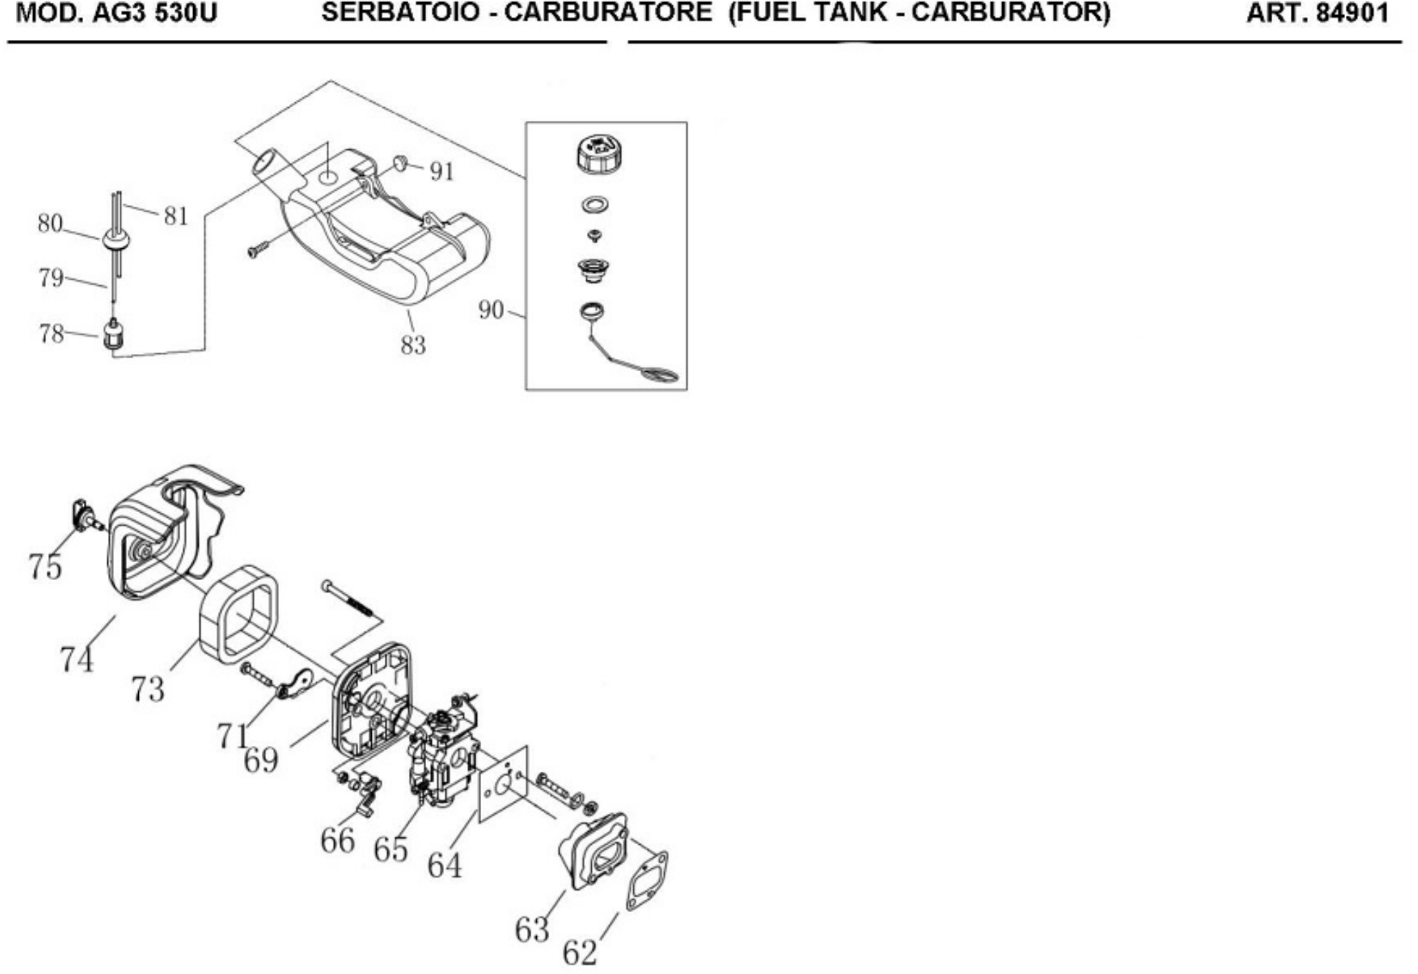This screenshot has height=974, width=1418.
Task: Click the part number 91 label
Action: coord(442,171)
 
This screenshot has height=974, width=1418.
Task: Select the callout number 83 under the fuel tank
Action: coord(413,344)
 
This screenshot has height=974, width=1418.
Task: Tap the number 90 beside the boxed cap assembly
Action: coord(491,310)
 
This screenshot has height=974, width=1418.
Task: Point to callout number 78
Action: coord(51,333)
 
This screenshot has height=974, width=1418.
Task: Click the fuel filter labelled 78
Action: coord(111,334)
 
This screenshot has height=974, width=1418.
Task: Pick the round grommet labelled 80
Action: coord(115,240)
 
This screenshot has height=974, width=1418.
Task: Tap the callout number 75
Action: coord(45,566)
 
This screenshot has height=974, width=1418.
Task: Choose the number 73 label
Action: coord(147,689)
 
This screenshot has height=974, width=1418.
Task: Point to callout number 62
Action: coord(579,953)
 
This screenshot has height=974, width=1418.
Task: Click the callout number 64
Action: coord(444,865)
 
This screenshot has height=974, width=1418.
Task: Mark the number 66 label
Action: coord(337,840)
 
